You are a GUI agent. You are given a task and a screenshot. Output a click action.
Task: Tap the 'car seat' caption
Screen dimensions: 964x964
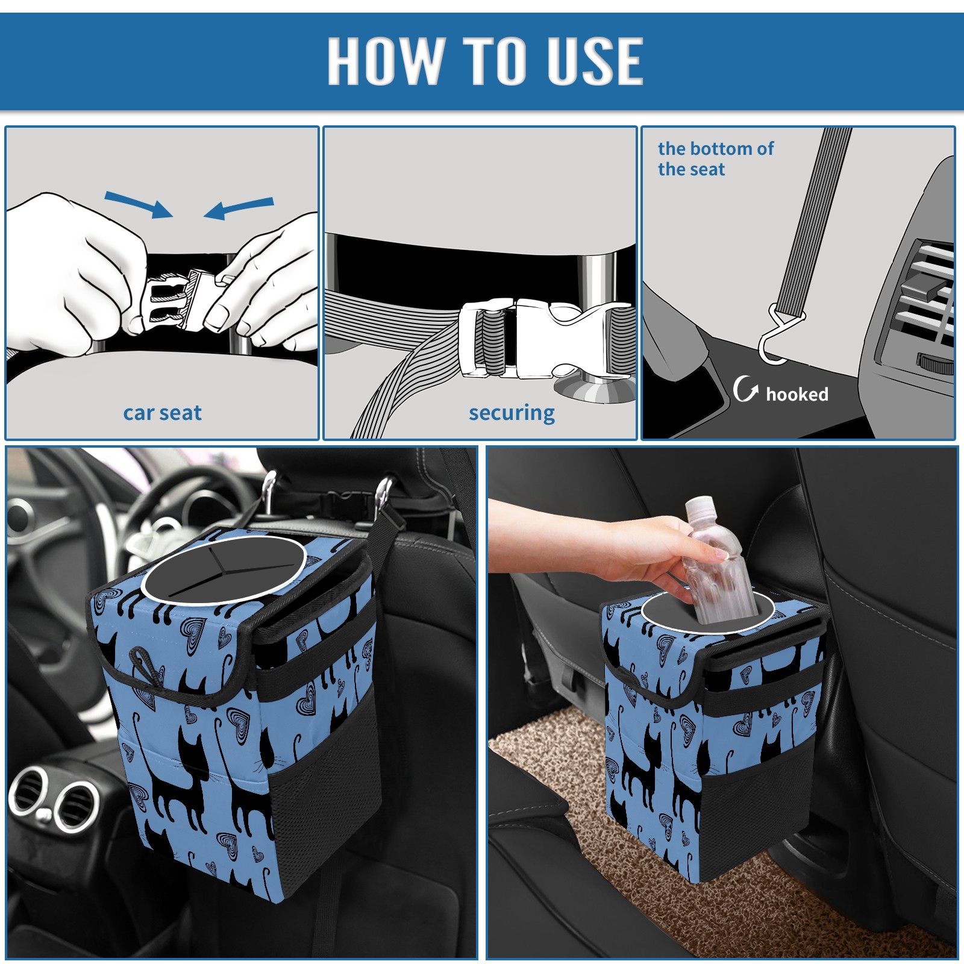[162, 413]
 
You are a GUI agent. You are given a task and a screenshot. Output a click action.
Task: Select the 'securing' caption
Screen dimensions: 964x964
[512, 413]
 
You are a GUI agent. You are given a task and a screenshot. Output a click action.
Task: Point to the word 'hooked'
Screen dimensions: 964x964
[797, 394]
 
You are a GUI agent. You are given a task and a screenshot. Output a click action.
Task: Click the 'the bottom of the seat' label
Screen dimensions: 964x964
[715, 158]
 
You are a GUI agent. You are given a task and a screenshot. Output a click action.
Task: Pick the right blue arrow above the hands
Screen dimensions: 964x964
[239, 208]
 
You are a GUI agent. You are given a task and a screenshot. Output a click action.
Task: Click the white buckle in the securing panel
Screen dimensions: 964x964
[545, 338]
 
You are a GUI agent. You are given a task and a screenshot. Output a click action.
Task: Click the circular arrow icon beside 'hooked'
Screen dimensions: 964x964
[745, 389]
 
